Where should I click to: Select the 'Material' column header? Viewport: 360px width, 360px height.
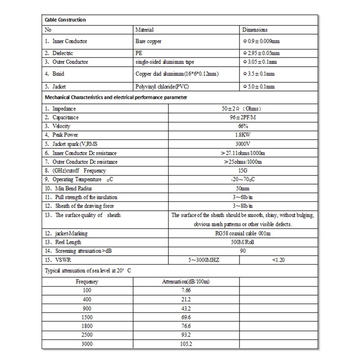point(145,30)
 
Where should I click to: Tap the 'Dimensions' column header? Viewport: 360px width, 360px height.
point(255,30)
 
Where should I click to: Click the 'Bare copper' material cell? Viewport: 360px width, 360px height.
point(148,41)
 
